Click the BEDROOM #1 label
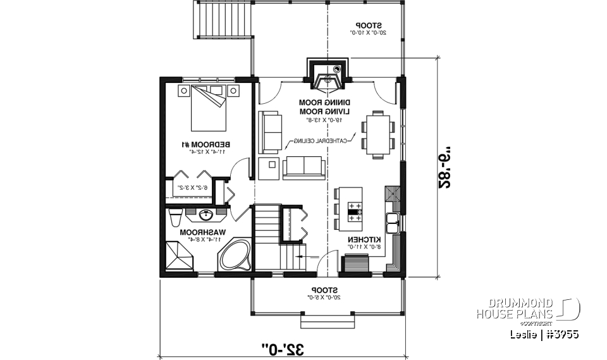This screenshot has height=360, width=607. (x=206, y=145)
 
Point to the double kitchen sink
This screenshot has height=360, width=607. (x=393, y=221)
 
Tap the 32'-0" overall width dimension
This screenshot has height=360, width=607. (x=283, y=348)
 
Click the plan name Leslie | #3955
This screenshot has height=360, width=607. (x=544, y=333)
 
